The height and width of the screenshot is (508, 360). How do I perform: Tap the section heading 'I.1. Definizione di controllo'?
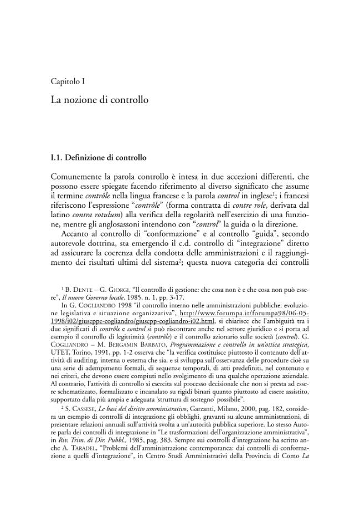[x=98, y=158]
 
